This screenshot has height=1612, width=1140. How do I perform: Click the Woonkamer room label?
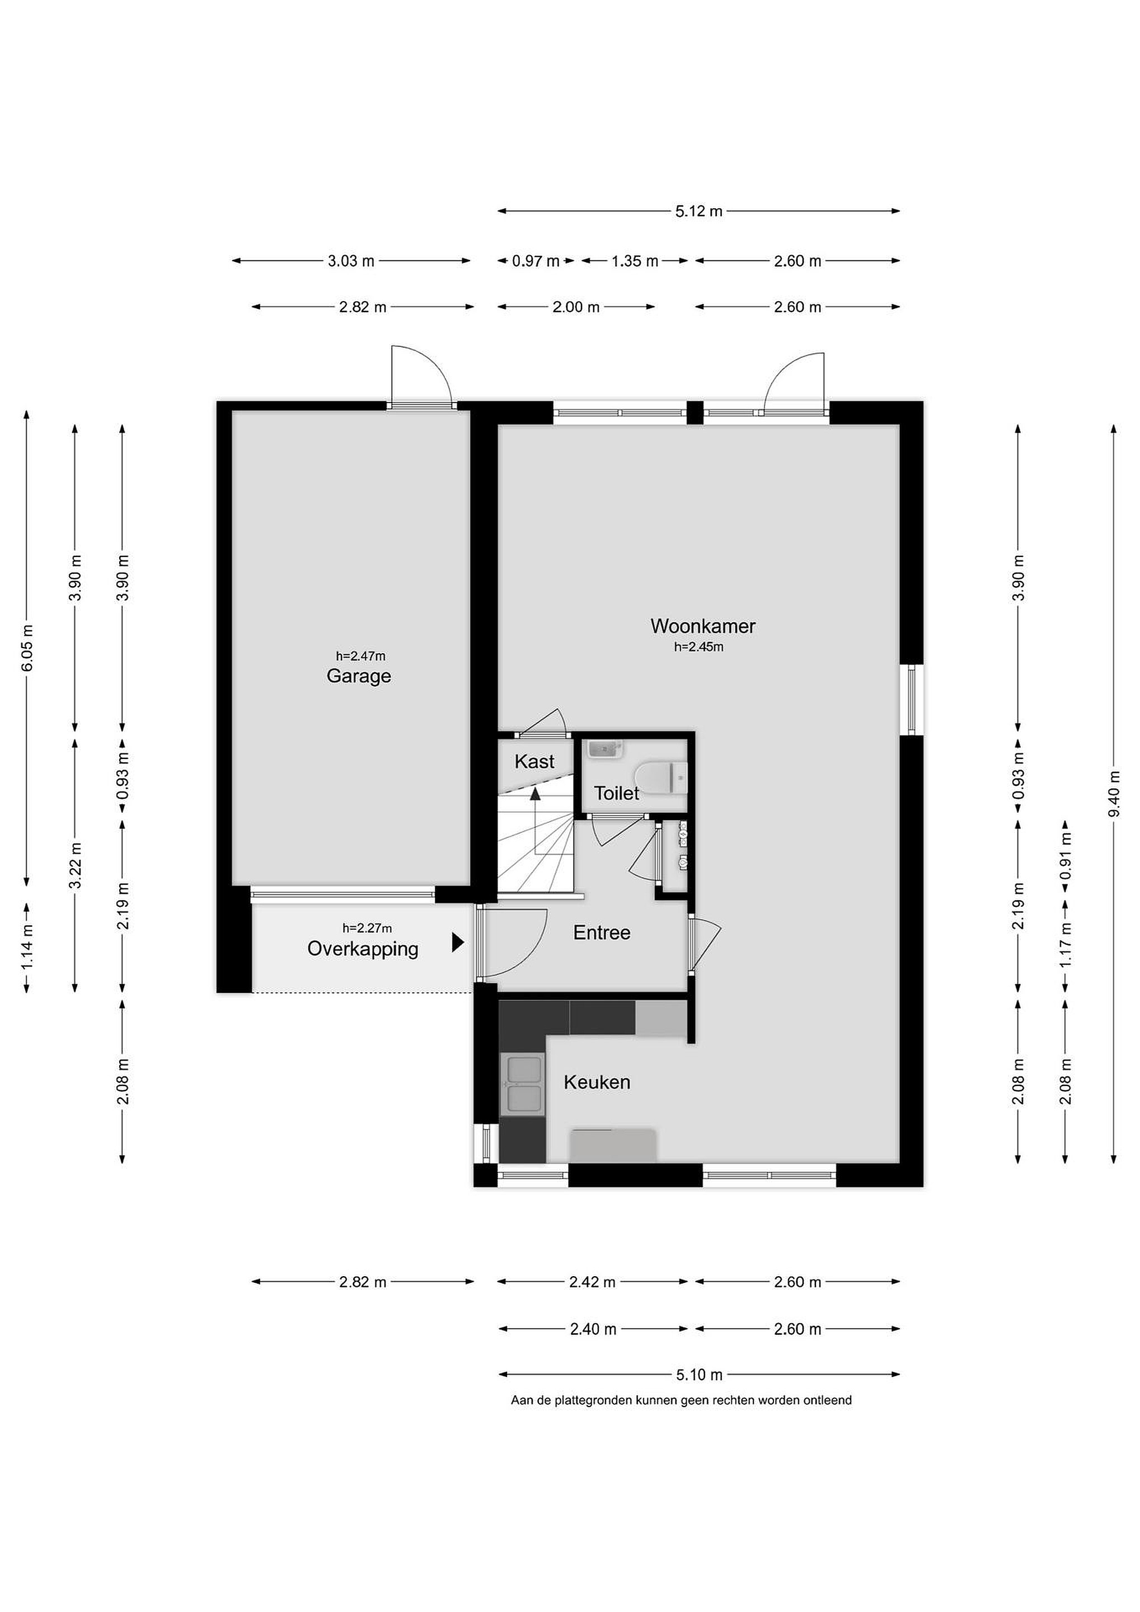[703, 626]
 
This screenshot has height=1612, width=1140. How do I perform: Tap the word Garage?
[359, 676]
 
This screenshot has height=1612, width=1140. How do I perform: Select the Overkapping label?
[363, 949]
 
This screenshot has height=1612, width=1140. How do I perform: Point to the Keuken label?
[597, 1082]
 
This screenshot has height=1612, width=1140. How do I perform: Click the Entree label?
[602, 932]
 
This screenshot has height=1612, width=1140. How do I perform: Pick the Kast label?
[534, 761]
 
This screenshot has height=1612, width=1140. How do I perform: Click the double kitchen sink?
[522, 1084]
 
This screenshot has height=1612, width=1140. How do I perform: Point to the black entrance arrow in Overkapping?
[458, 942]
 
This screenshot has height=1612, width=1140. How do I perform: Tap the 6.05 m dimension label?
[27, 648]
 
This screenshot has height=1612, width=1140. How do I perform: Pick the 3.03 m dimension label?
[351, 261]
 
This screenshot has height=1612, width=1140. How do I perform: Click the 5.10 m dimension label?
[699, 1375]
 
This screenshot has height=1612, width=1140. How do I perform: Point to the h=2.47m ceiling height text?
[360, 657]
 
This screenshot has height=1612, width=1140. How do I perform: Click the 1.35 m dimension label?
[635, 261]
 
